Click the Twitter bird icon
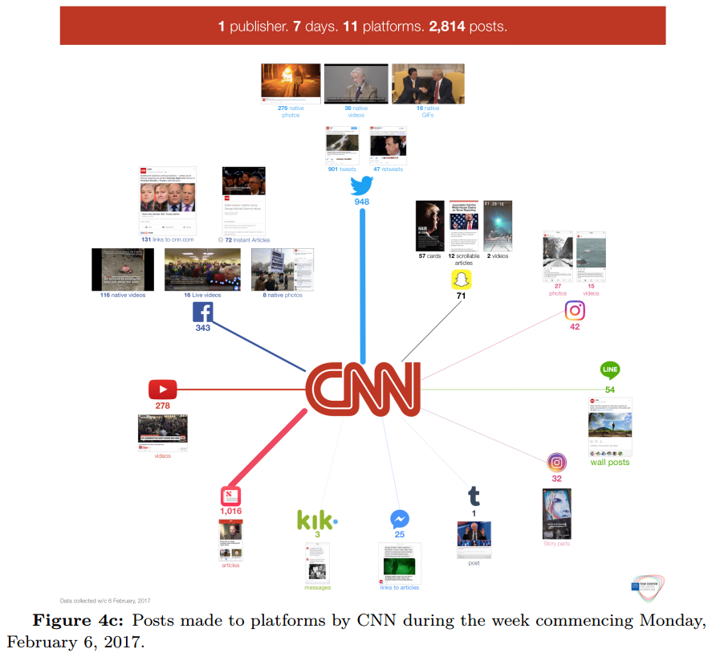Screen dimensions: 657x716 pos(362,186)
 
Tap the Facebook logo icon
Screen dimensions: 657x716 pos(203,312)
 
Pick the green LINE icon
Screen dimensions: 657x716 pos(610,371)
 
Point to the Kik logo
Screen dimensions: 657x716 pos(316,520)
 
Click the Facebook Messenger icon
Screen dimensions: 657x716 pos(400,519)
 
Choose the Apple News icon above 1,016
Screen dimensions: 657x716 pos(231,496)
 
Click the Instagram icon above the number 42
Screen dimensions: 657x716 pos(575,311)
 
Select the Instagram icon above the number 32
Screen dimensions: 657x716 pos(557,463)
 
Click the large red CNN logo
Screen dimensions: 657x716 pos(364,389)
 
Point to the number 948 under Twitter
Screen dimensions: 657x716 pos(362,202)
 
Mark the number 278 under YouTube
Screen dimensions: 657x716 pos(162,406)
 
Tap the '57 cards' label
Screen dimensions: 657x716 pos(430,256)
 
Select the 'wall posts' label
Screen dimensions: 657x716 pos(610,463)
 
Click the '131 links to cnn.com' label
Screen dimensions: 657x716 pos(169,239)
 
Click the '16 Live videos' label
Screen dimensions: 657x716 pos(201,295)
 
